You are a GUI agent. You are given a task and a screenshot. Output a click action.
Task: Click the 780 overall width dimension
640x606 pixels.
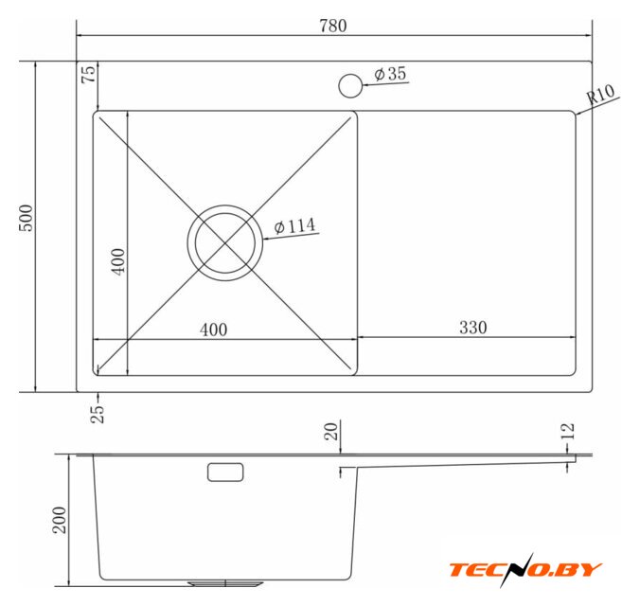click(333, 26)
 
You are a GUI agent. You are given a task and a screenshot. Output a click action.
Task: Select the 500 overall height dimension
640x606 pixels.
click(27, 219)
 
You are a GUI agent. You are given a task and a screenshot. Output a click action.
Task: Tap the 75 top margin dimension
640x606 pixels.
click(88, 74)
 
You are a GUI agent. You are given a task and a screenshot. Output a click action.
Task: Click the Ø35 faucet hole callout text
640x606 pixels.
click(390, 74)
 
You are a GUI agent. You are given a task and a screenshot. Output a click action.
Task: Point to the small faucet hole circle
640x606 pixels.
click(350, 86)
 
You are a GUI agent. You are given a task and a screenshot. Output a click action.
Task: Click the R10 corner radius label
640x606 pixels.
click(599, 95)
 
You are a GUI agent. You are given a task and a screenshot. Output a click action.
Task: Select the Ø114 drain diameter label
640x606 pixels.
click(294, 225)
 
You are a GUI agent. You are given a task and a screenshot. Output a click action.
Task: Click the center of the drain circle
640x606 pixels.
click(225, 243)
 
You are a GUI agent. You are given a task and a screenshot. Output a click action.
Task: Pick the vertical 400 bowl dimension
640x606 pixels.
click(118, 261)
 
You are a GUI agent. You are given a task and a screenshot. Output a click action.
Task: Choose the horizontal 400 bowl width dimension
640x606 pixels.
click(213, 330)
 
